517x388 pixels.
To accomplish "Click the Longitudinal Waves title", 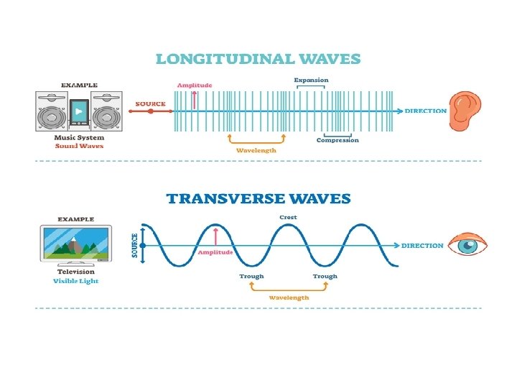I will click(x=258, y=58).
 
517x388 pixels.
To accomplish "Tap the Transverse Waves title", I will click(x=258, y=198).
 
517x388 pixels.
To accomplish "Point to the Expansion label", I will click(x=311, y=80).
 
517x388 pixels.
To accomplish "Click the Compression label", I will click(x=337, y=140).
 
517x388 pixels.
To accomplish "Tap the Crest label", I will click(x=288, y=217).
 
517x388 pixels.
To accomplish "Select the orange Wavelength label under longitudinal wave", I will click(x=256, y=150).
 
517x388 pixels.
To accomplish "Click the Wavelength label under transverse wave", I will click(x=289, y=297).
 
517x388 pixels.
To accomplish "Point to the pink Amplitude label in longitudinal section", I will click(x=195, y=85).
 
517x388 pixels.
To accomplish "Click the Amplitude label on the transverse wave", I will click(x=215, y=252).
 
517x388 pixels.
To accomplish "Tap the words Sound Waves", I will click(x=79, y=146).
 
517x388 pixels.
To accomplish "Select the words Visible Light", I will click(x=76, y=281).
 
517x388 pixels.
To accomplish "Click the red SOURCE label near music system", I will click(x=151, y=103).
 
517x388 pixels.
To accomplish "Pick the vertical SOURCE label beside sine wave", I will click(x=134, y=246).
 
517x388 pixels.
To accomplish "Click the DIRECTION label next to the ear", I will click(x=426, y=111).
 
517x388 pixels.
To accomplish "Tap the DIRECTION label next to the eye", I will click(x=422, y=246).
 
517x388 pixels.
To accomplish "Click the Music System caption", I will click(x=79, y=137).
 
